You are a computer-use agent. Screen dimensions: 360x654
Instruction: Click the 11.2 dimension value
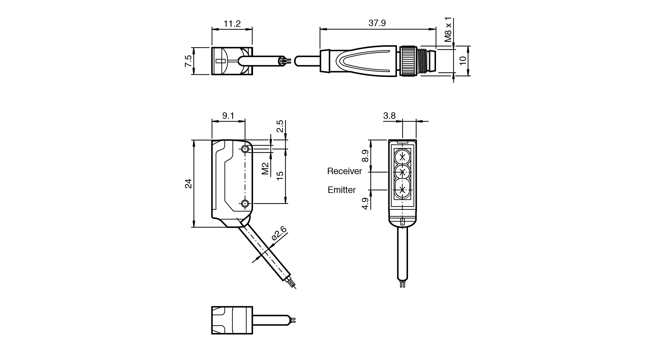click(x=232, y=23)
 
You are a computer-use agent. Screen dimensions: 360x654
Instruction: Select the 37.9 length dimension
click(x=377, y=23)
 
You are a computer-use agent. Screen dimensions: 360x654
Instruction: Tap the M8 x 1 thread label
click(x=449, y=30)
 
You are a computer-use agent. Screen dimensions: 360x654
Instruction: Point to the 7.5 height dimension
click(x=188, y=61)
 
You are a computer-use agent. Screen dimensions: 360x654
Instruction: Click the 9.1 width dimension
click(x=228, y=115)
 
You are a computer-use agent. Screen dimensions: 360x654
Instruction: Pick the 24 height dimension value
click(x=188, y=183)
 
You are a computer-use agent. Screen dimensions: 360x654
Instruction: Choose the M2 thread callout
click(x=265, y=168)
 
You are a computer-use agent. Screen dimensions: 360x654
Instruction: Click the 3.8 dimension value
click(x=389, y=116)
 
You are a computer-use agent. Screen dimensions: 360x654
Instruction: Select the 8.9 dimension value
click(x=365, y=156)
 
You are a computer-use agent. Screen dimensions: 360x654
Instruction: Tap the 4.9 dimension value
click(x=365, y=203)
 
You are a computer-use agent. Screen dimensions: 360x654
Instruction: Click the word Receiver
click(x=344, y=171)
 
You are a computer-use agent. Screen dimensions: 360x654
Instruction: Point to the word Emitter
click(x=342, y=190)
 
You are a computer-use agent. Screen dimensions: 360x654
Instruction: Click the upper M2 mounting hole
click(x=245, y=150)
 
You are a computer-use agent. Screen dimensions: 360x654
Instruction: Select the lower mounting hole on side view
click(x=245, y=203)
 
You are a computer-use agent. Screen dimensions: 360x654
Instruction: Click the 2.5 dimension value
click(x=280, y=126)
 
